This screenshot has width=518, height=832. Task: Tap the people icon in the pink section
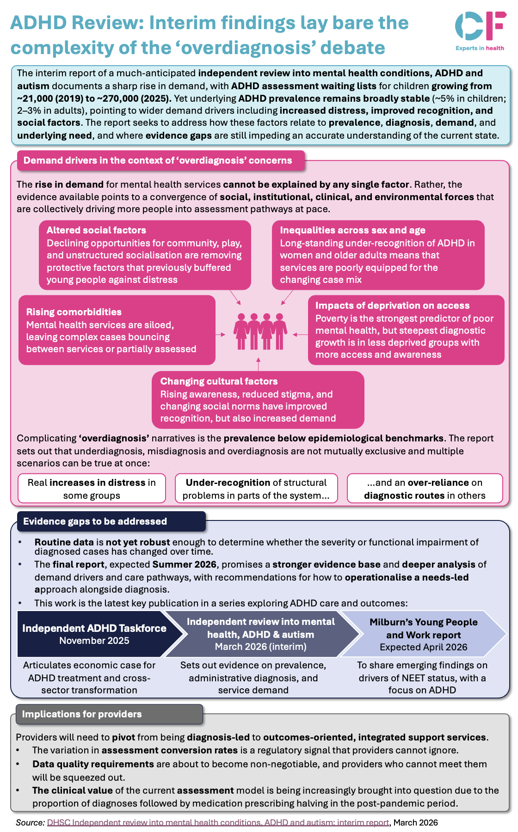(x=260, y=331)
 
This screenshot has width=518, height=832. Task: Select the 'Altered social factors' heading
(x=96, y=230)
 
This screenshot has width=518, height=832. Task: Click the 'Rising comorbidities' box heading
(x=74, y=312)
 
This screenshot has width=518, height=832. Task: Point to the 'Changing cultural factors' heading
(x=219, y=381)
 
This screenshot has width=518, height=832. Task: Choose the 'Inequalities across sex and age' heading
(x=352, y=230)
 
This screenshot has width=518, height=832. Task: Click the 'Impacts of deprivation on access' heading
(x=392, y=306)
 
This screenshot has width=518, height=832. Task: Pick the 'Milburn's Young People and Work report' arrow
(x=423, y=634)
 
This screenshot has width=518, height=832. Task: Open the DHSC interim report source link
(x=218, y=823)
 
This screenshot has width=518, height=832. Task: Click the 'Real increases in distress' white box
(x=92, y=489)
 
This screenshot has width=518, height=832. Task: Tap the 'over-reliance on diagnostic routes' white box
(x=425, y=489)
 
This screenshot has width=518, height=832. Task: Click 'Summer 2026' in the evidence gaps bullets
(x=184, y=564)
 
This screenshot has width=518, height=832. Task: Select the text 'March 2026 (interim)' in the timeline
(x=260, y=647)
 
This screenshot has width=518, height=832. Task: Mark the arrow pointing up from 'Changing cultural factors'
(x=259, y=364)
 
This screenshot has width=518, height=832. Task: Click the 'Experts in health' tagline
(x=480, y=48)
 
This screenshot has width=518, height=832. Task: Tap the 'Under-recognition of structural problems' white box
(x=256, y=489)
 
